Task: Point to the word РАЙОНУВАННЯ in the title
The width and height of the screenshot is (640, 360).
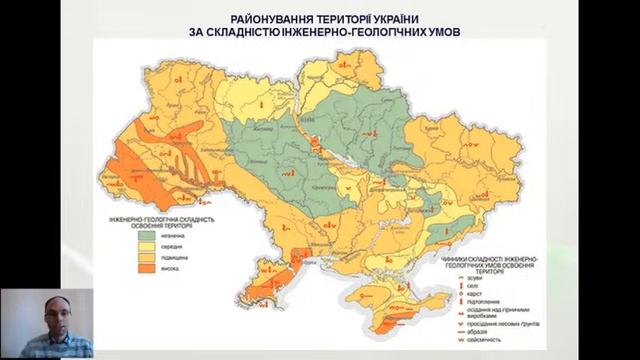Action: (x=267, y=19)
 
